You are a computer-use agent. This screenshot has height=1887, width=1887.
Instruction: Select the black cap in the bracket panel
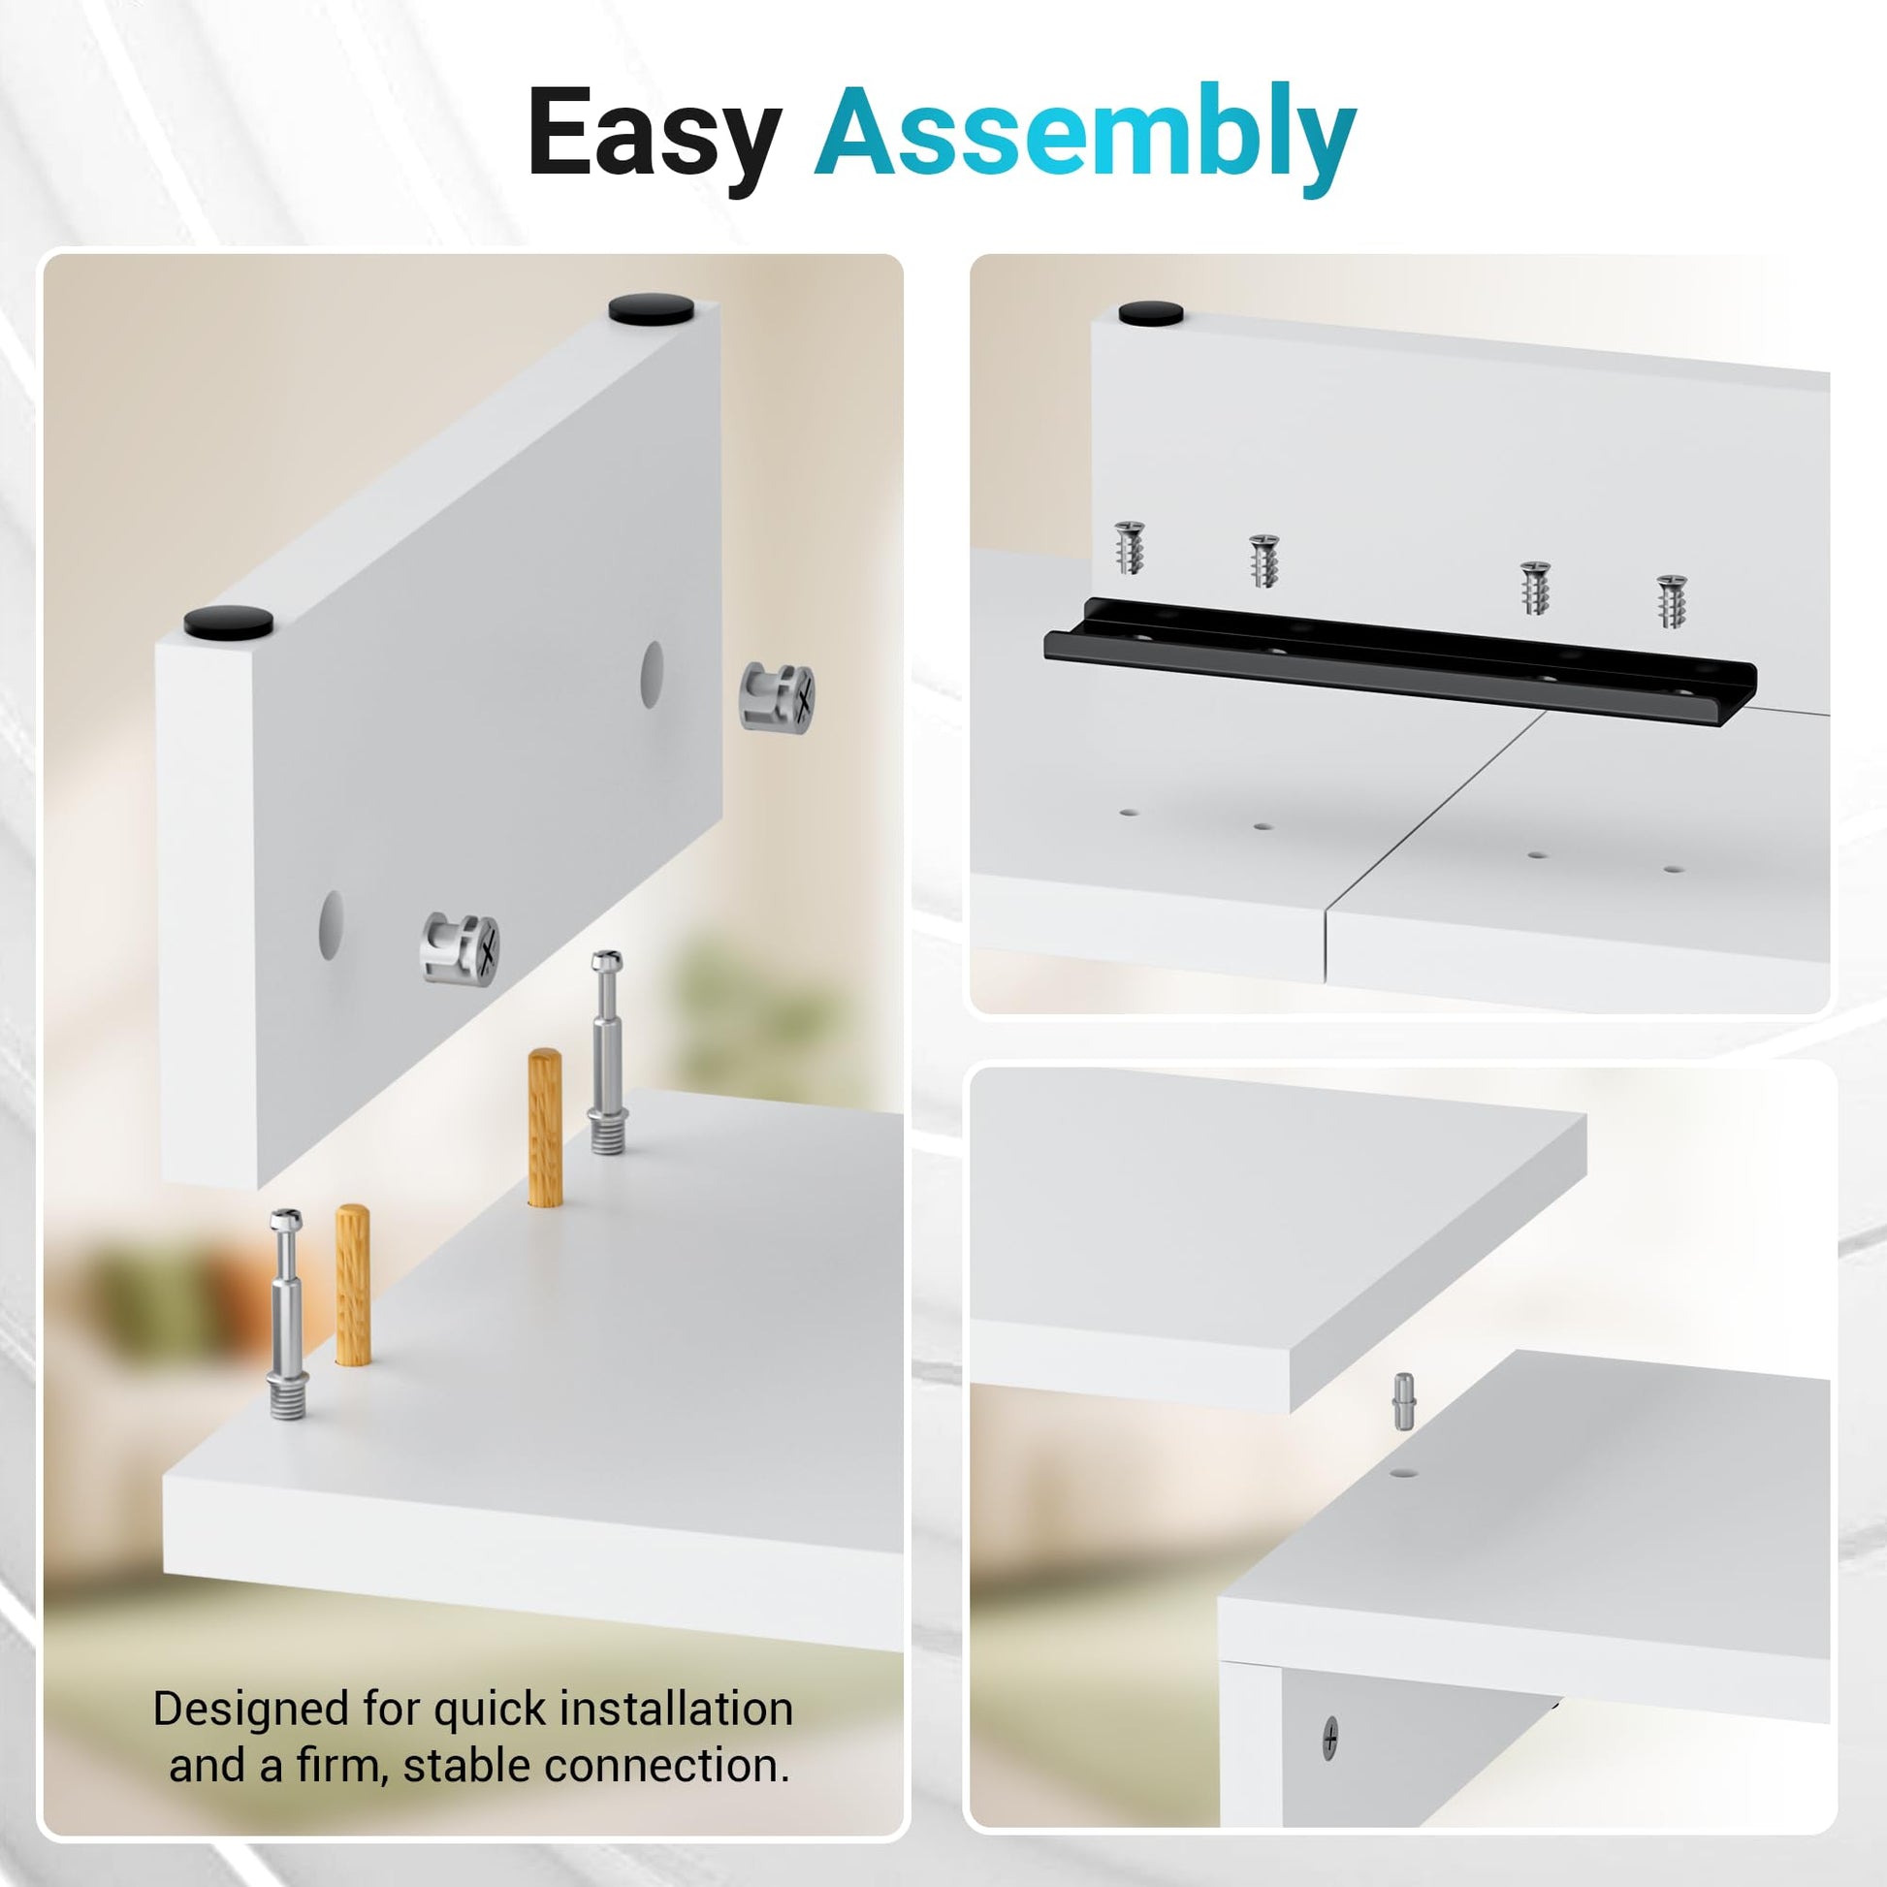1151,313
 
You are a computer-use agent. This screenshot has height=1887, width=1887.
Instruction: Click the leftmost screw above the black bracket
1130,548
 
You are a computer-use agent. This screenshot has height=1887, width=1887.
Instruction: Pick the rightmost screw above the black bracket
1671,600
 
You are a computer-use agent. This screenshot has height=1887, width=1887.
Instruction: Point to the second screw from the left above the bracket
1263,560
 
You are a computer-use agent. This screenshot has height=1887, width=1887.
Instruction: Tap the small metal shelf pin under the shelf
1403,1401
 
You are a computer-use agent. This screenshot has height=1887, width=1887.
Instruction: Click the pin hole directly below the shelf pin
1403,1471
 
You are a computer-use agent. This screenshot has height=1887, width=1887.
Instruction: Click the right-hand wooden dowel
545,1128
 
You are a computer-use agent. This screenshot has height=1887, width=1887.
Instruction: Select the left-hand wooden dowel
353,1285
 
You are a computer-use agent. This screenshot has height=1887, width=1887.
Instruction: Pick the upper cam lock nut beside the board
778,696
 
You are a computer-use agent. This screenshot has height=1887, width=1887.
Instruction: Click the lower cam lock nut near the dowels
460,947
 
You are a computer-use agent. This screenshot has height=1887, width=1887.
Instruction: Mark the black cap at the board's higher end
652,309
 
